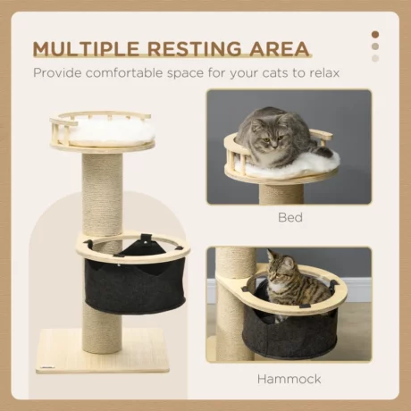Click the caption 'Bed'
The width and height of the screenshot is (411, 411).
coord(289,215)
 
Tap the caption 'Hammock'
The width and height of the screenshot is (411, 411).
coord(289,378)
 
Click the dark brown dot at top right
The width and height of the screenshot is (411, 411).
coord(375,34)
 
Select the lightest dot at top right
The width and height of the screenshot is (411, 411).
coord(375,58)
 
